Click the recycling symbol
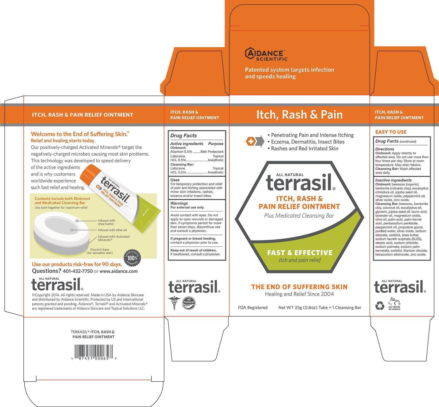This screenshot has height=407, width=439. pos(380,305)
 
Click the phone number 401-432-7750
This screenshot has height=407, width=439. pos(78,271)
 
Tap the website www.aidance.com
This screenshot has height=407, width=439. pos(119,271)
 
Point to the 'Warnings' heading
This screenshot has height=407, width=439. pos(179,203)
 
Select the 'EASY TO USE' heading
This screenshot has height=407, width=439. pos(391,132)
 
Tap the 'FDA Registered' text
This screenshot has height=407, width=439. pos(253,308)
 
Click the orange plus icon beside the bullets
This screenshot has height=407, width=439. pos(251,142)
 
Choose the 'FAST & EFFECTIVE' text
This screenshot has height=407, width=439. pos(300,253)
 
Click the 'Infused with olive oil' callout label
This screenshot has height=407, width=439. pos(112,230)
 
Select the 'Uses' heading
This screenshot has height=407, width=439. pos(175,180)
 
